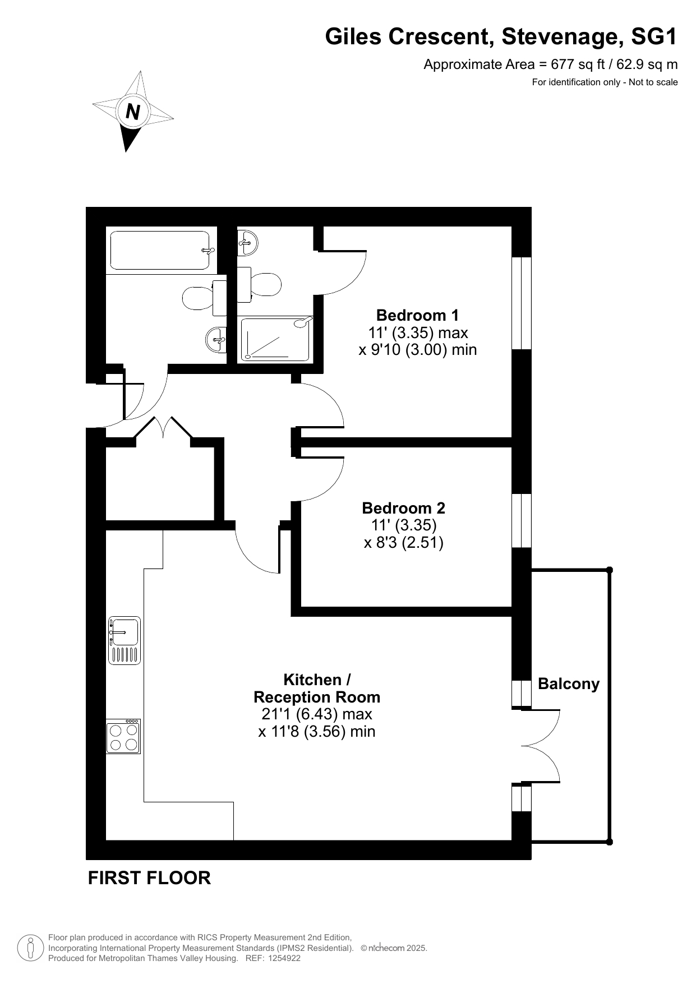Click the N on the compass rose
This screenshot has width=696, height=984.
[x=133, y=112]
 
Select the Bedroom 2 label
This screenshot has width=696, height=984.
[x=404, y=508]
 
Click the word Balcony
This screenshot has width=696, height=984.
[x=569, y=684]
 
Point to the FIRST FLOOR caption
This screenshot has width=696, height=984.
[x=149, y=878]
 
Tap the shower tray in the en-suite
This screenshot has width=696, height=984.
[x=275, y=339]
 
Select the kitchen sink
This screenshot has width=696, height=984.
[x=125, y=640]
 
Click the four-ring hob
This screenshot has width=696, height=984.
[x=124, y=736]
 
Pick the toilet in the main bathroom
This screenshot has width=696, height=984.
[x=204, y=298]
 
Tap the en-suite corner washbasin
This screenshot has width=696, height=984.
[x=247, y=242]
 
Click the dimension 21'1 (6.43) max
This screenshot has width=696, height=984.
[x=317, y=714]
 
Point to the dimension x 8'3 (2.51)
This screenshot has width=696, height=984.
[x=404, y=543]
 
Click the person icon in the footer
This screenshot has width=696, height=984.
[x=30, y=948]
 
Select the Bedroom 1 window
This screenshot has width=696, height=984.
[x=522, y=303]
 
